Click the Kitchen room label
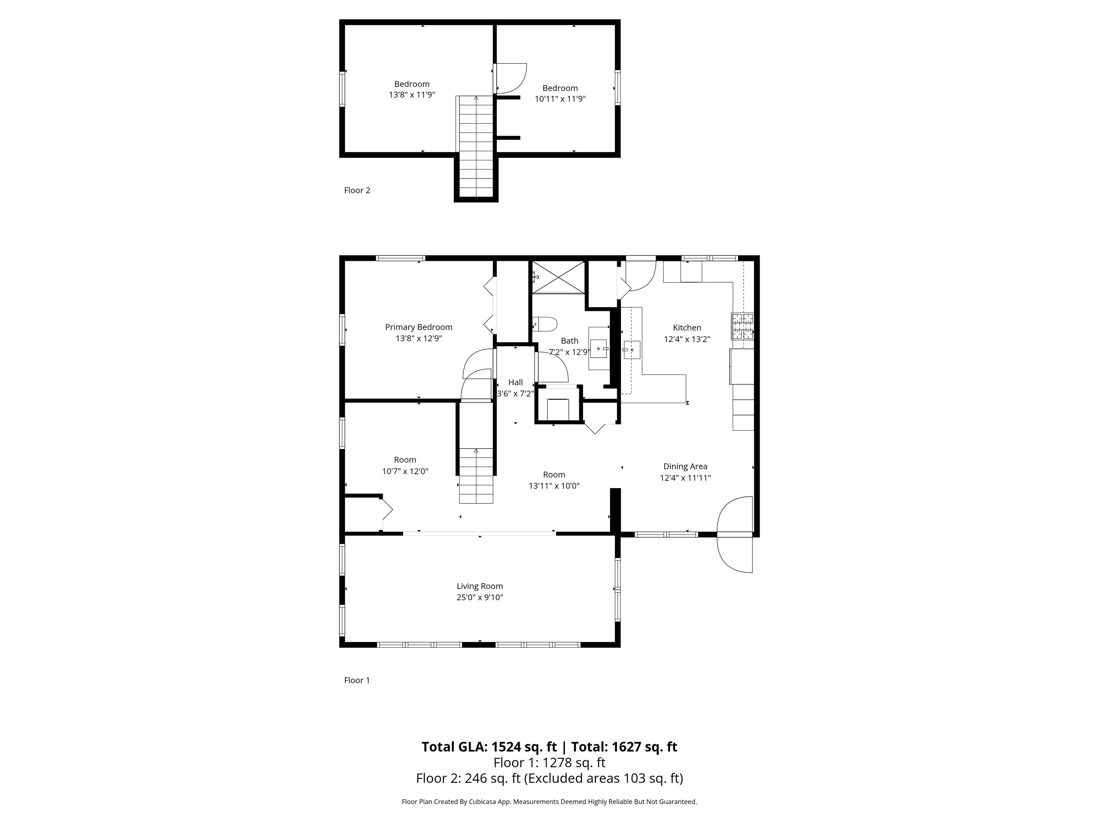(x=687, y=328)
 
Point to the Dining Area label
(x=685, y=466)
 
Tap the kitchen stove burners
(x=742, y=326)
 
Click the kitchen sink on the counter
(x=631, y=350)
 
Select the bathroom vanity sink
(x=599, y=348)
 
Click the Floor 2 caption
(x=357, y=190)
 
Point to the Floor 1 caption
(x=357, y=681)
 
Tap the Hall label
(x=515, y=382)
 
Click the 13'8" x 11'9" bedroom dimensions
(x=412, y=95)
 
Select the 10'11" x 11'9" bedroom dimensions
(x=560, y=99)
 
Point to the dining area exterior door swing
(x=735, y=534)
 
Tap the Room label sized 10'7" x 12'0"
(x=405, y=460)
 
